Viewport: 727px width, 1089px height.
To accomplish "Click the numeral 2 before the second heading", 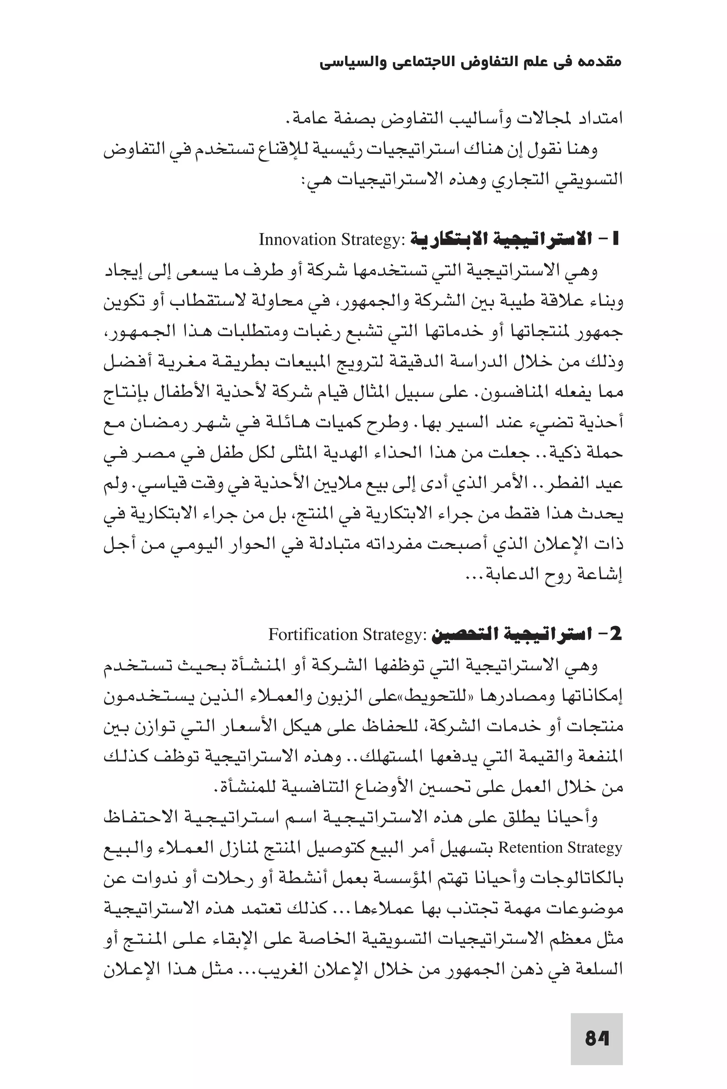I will [x=615, y=634].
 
